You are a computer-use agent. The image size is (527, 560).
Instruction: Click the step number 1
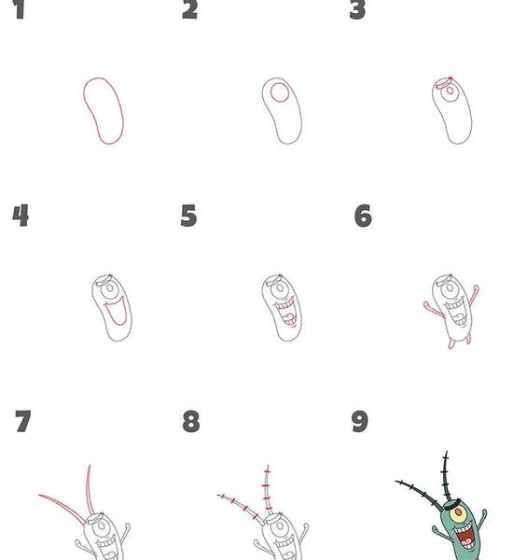point(20,9)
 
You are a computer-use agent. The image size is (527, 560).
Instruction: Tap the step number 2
point(189,9)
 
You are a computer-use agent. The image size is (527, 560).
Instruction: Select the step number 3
point(357,9)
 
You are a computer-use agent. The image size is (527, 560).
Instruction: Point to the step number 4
point(21,216)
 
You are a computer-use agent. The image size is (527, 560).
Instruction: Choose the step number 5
point(188,216)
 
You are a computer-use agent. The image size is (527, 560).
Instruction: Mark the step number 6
point(363,216)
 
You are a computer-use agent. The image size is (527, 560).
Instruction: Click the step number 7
point(23,421)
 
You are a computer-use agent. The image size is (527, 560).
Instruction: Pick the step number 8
point(191,422)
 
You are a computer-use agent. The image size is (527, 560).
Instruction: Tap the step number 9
point(360,422)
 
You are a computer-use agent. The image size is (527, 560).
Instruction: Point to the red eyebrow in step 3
point(443,83)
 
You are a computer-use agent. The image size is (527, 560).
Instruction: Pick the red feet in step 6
point(451,344)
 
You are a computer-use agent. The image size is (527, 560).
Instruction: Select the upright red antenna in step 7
point(88,489)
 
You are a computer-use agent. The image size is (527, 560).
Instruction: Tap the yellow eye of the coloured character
point(458,512)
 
